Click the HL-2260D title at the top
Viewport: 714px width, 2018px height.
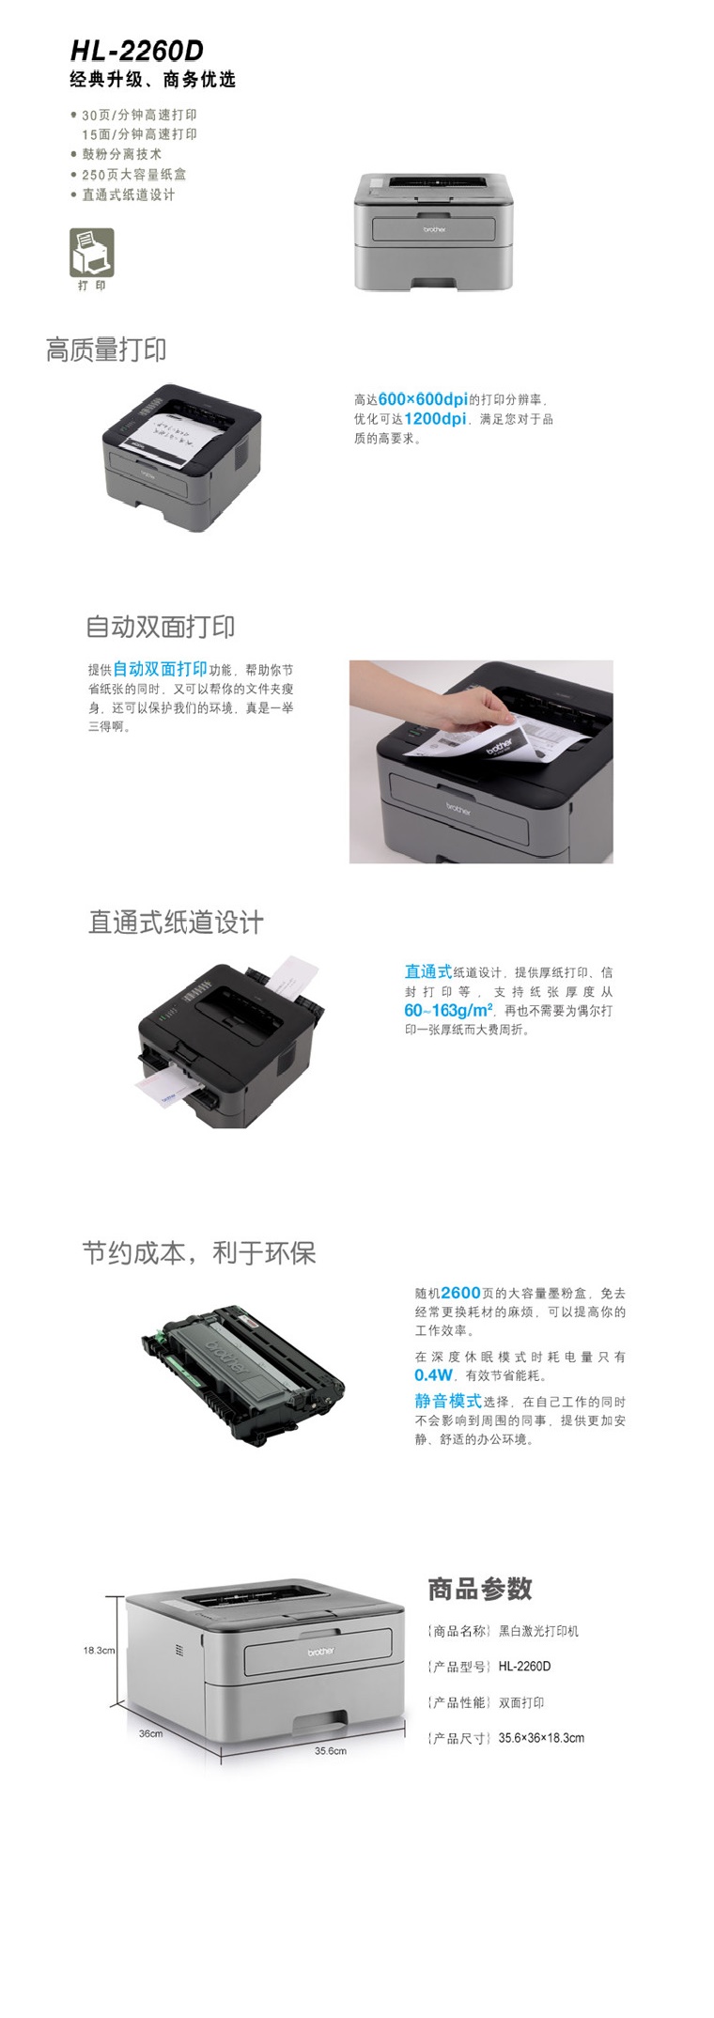click(x=136, y=50)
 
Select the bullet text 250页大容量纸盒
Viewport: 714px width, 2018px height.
click(x=133, y=175)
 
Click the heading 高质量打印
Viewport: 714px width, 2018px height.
click(x=106, y=350)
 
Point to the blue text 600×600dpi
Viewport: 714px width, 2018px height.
click(x=423, y=399)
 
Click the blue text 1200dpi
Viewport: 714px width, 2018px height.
click(x=435, y=419)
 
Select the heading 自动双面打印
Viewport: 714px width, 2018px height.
click(x=161, y=627)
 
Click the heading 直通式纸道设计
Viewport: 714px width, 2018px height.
click(x=176, y=923)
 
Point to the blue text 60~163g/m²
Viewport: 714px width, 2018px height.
click(x=448, y=1011)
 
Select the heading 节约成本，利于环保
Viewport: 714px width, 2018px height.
click(x=198, y=1253)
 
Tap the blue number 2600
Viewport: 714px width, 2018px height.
click(x=460, y=1294)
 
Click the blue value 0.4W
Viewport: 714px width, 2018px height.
click(x=433, y=1375)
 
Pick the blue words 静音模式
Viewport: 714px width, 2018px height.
click(x=448, y=1401)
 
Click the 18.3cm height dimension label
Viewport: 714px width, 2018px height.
click(x=99, y=1650)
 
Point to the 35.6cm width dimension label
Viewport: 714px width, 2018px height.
click(x=331, y=1750)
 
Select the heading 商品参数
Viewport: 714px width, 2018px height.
click(x=480, y=1589)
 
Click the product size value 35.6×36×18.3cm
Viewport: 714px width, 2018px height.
click(x=541, y=1738)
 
